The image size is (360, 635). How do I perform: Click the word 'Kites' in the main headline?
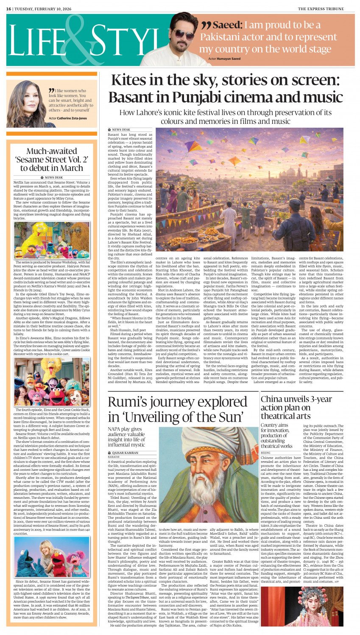tap(130, 81)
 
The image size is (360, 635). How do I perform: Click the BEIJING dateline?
tap(265, 453)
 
